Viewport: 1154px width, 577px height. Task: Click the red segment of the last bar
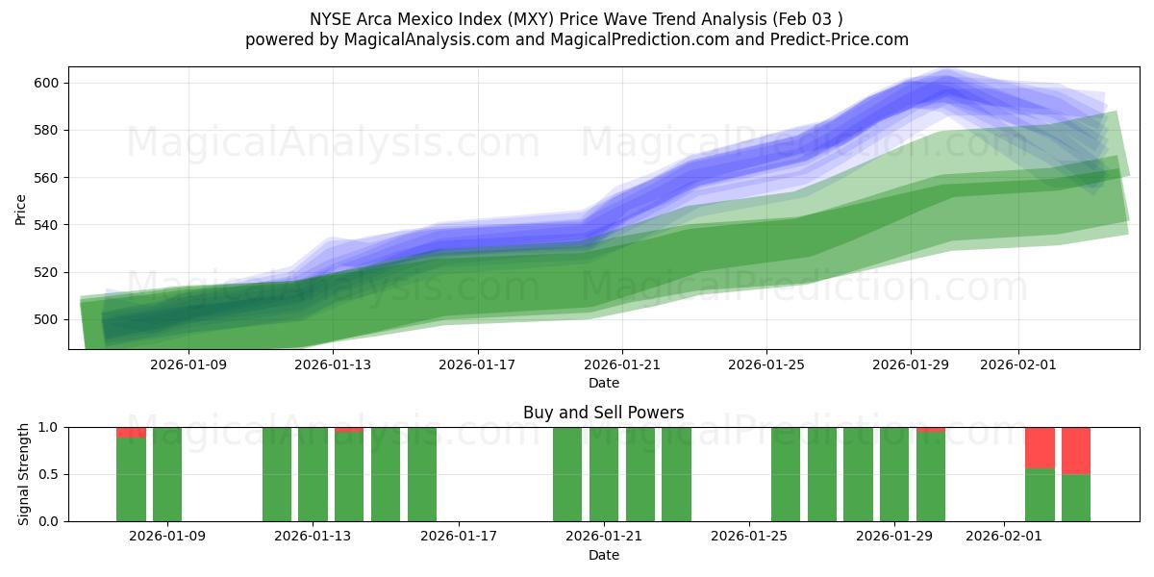(1075, 450)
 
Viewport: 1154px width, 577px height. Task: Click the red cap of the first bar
(131, 432)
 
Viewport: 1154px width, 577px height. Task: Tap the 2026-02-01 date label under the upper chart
(1018, 365)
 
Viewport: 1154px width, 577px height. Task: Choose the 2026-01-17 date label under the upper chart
(477, 365)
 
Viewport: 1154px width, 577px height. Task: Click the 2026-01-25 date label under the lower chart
(749, 537)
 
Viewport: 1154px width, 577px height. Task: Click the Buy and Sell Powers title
(604, 413)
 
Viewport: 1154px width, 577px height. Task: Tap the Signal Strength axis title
(25, 474)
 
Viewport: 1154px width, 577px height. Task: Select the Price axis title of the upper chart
(21, 209)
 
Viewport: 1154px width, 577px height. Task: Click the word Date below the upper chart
(604, 383)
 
